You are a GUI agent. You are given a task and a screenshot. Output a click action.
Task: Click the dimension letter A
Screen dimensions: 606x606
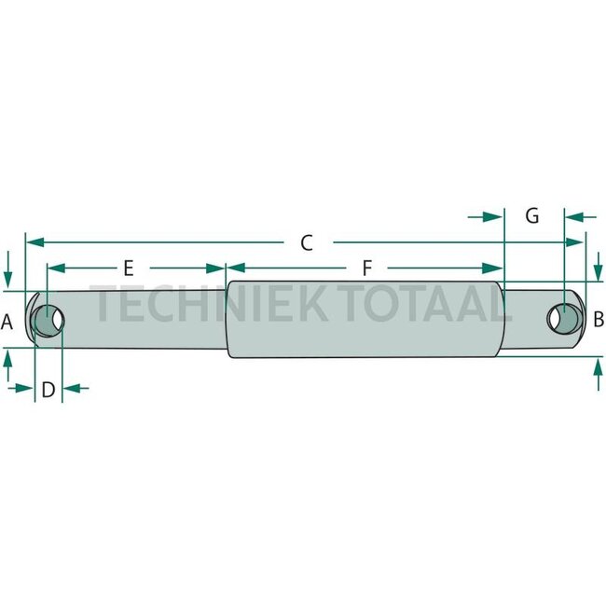pyautogui.click(x=7, y=322)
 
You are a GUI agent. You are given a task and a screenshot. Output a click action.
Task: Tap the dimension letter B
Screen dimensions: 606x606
pyautogui.click(x=599, y=319)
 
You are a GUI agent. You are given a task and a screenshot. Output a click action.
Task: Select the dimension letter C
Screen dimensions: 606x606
pyautogui.click(x=307, y=243)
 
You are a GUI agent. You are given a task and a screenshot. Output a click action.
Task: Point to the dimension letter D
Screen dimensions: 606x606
pyautogui.click(x=48, y=390)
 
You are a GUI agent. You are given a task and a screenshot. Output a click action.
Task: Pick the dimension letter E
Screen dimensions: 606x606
pyautogui.click(x=129, y=268)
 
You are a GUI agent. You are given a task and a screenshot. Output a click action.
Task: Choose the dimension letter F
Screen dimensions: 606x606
pyautogui.click(x=367, y=268)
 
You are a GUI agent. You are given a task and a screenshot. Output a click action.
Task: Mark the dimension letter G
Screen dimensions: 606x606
pyautogui.click(x=532, y=215)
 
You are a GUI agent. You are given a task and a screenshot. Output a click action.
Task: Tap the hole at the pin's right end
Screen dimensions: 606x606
pyautogui.click(x=564, y=319)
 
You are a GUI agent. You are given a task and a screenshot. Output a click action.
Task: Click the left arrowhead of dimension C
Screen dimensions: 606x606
pyautogui.click(x=34, y=242)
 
